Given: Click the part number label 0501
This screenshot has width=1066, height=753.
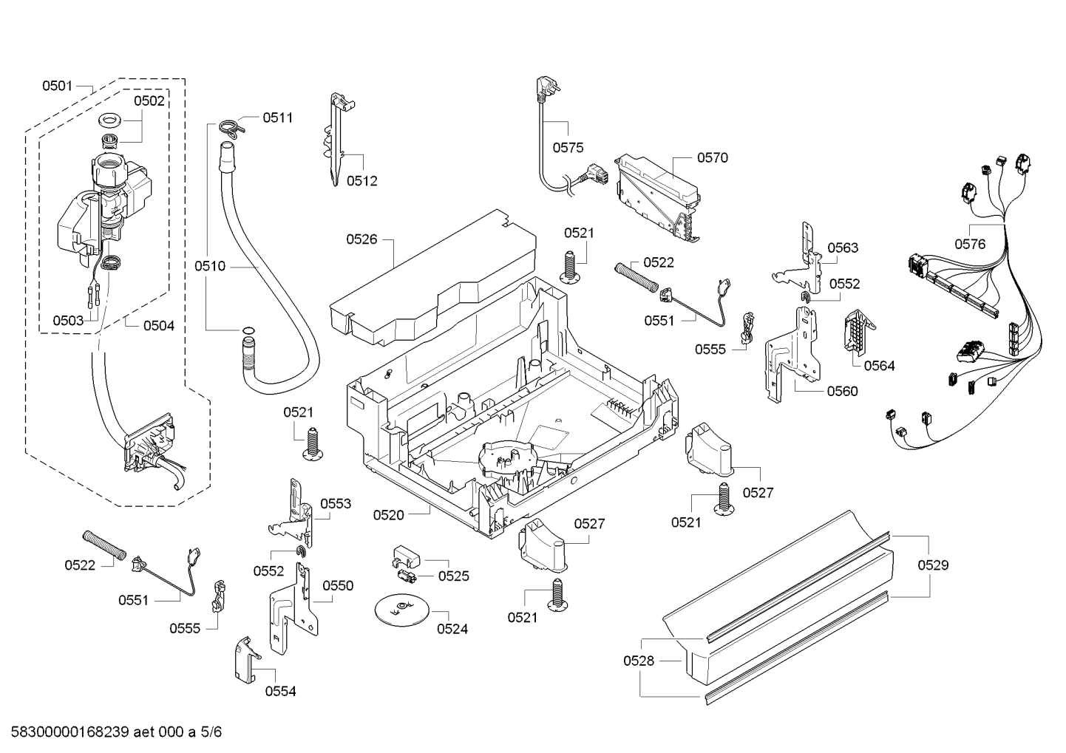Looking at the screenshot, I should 56,86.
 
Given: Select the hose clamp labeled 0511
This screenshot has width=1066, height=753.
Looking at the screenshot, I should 231,127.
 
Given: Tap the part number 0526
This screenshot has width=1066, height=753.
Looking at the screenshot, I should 361,239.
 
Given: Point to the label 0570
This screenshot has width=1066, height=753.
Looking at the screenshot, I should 712,157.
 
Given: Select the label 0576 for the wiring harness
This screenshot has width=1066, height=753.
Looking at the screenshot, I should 970,244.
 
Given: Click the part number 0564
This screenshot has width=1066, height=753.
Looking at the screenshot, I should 879,365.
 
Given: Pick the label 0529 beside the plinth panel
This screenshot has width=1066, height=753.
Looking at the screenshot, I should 933,565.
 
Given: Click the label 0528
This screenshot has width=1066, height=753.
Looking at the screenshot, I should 639,661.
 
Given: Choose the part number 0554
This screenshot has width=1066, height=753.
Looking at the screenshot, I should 280,691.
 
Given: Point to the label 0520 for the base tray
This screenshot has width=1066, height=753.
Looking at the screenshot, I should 389,514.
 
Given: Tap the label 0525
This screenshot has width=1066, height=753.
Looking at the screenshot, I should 453,576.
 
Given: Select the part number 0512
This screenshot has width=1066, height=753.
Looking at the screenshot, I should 361,180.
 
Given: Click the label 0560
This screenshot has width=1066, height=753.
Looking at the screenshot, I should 843,391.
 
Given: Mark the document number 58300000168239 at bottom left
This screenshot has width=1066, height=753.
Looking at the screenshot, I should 67,732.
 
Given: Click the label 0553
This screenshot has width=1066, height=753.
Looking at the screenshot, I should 336,503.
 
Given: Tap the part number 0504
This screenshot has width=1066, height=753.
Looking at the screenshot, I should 158,324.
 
